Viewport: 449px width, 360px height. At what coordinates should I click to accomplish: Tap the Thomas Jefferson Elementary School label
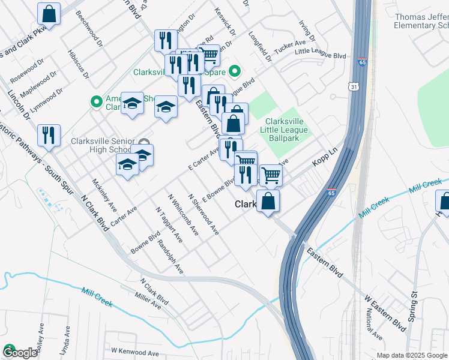[421, 22]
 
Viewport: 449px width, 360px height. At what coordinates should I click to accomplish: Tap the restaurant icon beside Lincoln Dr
[49, 135]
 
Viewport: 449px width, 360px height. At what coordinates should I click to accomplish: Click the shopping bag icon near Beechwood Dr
[49, 13]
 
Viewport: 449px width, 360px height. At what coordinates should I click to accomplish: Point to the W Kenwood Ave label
[134, 350]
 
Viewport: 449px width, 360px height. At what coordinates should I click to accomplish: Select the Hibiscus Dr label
[78, 64]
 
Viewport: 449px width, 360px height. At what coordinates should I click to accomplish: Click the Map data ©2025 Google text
[411, 355]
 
